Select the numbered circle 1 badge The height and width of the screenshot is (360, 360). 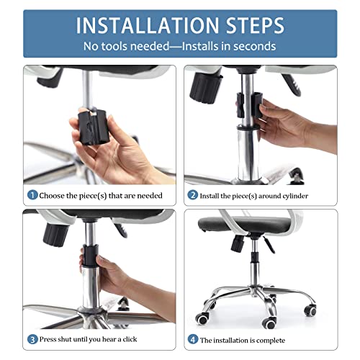coord(32,195)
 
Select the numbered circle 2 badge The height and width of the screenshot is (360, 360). coord(192,195)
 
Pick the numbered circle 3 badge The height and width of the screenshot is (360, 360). coord(32,339)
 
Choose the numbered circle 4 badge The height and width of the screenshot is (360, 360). coord(192,339)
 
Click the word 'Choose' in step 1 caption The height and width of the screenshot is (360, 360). coord(55,195)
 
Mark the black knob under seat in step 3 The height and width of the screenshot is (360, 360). coord(55,232)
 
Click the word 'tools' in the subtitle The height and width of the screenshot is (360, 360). coord(114,46)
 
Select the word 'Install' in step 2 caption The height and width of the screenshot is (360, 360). coord(212,195)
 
